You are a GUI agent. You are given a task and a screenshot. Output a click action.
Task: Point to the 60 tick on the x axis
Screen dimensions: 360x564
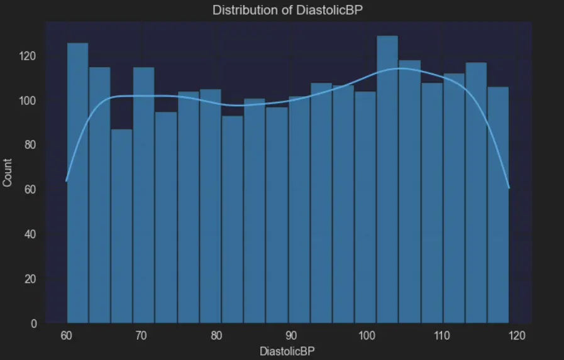coord(66,335)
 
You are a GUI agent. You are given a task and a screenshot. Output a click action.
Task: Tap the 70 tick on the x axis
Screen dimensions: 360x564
coord(141,335)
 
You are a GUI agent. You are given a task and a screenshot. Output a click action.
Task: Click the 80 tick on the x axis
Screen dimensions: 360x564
coord(216,335)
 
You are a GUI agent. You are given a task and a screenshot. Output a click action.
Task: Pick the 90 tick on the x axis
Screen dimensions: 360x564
coord(291,335)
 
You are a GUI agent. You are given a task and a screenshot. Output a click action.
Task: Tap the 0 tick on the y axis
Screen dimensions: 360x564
coord(33,324)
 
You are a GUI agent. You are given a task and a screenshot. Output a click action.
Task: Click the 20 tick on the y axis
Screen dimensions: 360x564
coord(30,279)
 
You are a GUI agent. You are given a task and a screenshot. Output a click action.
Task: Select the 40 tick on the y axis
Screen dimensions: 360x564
coord(30,234)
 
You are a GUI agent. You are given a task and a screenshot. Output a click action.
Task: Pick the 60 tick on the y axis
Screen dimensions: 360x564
coord(30,190)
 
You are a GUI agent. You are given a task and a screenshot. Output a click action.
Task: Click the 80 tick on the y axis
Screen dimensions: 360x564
coord(30,145)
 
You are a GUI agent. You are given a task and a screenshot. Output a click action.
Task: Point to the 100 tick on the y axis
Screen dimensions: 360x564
coord(28,101)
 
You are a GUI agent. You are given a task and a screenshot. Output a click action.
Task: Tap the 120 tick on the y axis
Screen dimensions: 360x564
coord(28,56)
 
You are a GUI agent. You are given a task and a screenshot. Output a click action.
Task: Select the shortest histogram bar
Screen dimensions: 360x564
coord(121,226)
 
